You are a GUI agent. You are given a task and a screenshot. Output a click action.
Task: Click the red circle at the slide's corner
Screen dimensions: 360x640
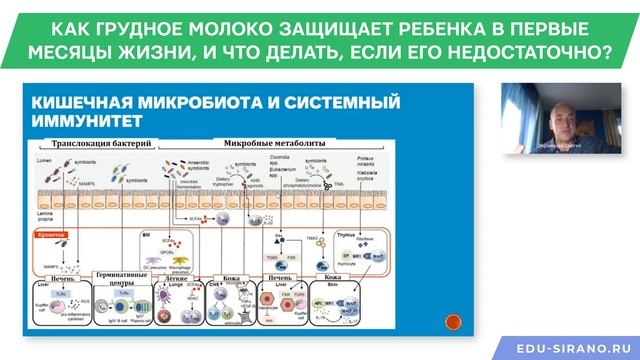point(451,322)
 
